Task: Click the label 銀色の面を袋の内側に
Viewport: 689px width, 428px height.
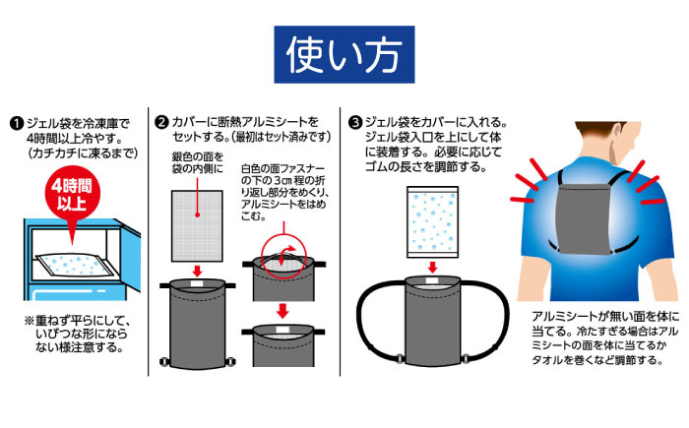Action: (198, 163)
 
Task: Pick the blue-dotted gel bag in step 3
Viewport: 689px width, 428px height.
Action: (432, 222)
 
